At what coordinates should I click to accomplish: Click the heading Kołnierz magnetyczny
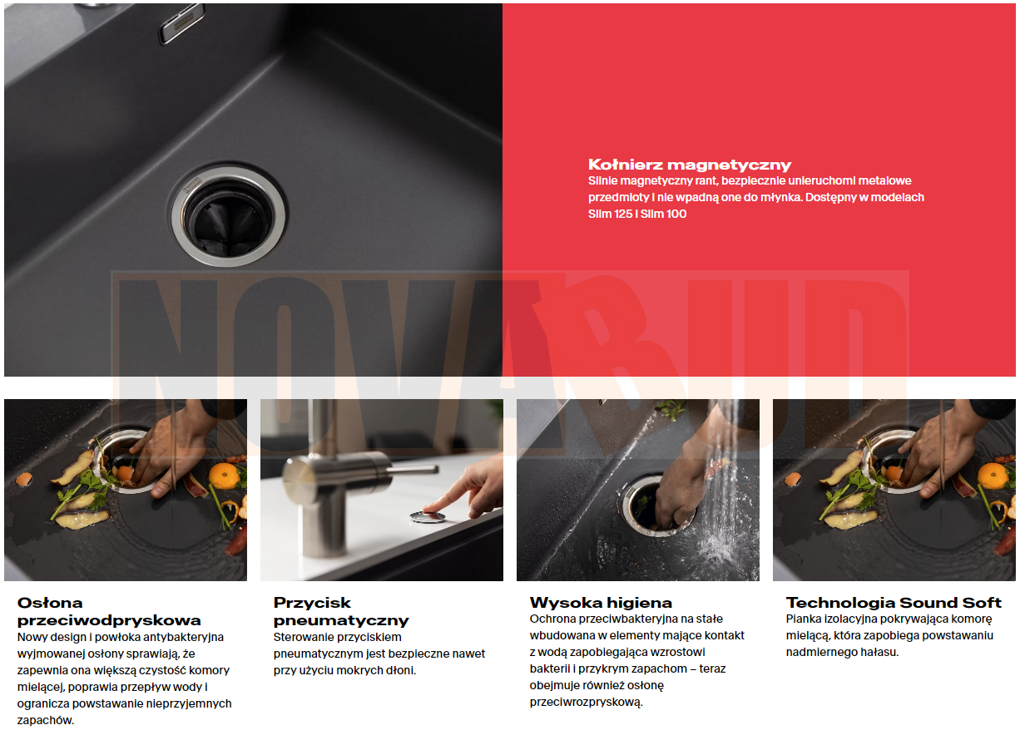(690, 165)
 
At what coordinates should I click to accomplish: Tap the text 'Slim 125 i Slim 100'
(637, 214)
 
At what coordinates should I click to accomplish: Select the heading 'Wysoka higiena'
(601, 603)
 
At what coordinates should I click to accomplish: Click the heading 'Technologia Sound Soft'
(894, 603)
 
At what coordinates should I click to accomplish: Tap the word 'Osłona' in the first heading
(50, 603)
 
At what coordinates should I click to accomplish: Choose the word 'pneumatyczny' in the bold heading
(341, 620)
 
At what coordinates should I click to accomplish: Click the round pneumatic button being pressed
(427, 517)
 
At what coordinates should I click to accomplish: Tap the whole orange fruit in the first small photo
(223, 475)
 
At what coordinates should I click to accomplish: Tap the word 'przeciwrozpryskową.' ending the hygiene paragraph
(586, 703)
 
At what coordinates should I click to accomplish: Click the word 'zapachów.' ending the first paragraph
(46, 721)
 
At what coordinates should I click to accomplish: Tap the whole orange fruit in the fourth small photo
(993, 475)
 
